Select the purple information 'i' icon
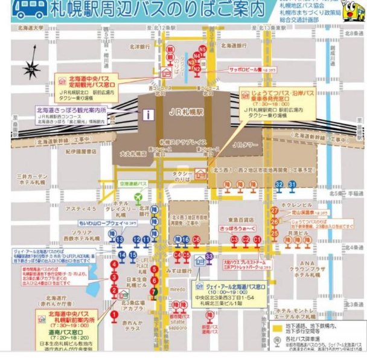(x=145, y=114)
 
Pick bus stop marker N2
(x=196, y=69)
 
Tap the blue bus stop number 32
(x=279, y=184)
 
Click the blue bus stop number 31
(x=292, y=184)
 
